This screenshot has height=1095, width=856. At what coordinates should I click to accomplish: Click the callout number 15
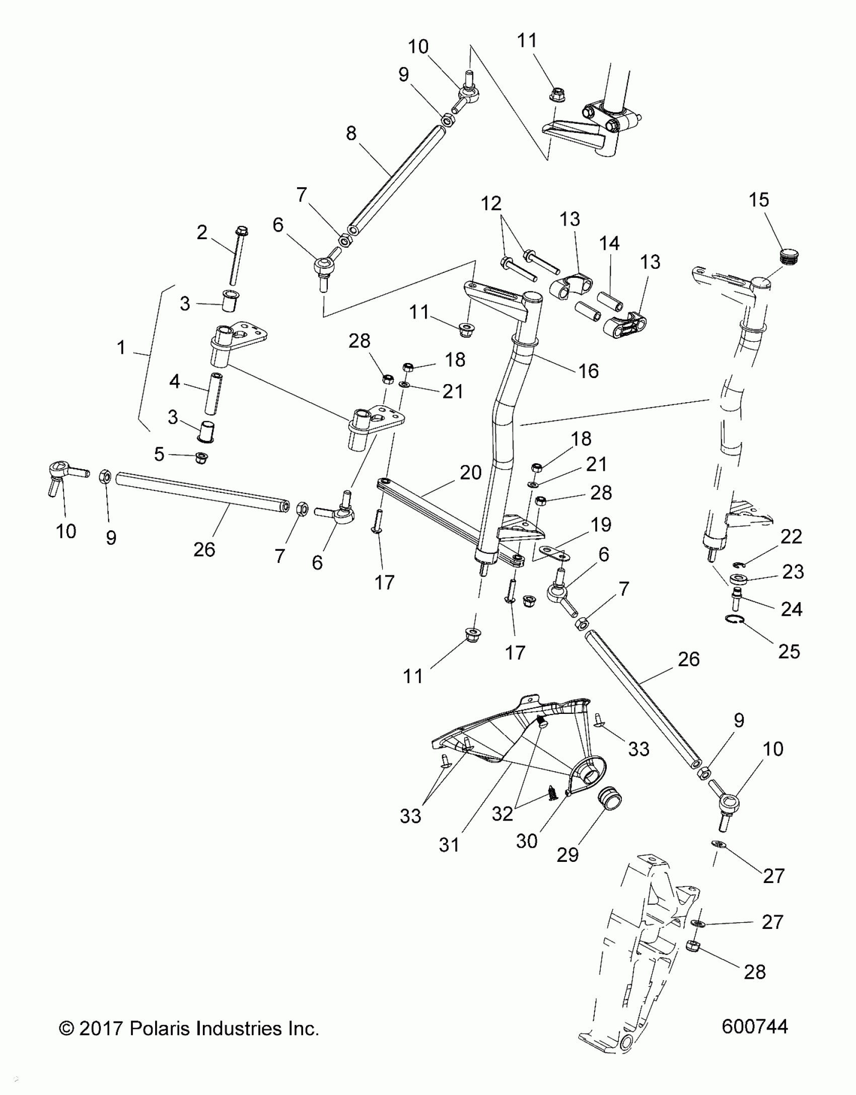coord(759,200)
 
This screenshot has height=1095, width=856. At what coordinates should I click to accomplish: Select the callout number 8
coord(351,133)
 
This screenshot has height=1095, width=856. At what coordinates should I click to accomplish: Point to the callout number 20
coord(471,473)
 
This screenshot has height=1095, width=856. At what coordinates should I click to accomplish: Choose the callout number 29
coord(567,854)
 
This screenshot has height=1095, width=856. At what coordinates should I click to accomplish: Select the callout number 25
coord(789,651)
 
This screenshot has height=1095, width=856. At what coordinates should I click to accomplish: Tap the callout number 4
coord(174,382)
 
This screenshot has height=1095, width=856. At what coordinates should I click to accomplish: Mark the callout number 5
coord(159,455)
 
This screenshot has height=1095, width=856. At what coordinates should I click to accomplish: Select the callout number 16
coord(589,372)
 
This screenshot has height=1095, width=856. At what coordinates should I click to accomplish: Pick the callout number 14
coord(609,244)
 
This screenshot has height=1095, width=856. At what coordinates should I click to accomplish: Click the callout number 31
coord(449,845)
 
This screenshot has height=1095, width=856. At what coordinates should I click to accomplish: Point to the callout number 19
coord(601,525)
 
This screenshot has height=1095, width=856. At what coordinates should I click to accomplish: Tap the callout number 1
coord(121,347)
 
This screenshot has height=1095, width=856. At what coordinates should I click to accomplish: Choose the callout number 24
coord(791,609)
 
